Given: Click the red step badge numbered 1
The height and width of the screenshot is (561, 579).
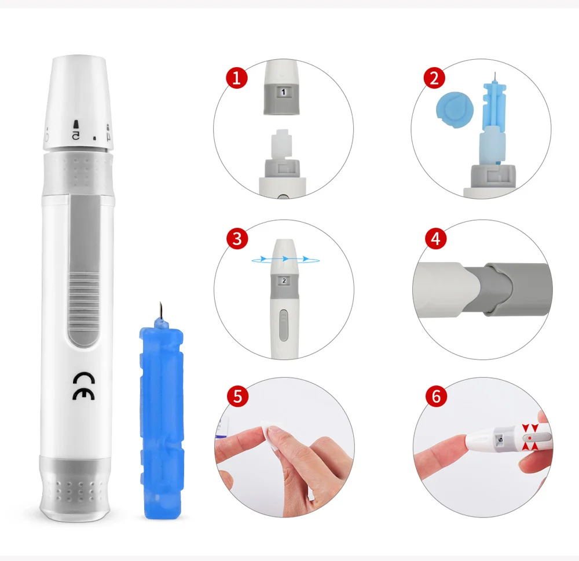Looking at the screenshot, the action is click(x=236, y=78).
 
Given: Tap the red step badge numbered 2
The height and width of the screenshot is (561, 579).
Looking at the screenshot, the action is click(x=434, y=78).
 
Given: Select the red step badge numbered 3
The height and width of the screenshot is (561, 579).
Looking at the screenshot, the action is click(x=237, y=238).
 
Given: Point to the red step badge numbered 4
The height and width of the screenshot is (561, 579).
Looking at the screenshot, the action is click(x=436, y=238).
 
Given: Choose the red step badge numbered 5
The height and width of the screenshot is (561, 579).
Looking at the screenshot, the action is click(x=237, y=396).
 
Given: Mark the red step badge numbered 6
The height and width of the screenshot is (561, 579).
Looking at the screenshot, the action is click(x=436, y=396).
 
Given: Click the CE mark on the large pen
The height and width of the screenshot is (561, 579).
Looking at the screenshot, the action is click(x=83, y=386).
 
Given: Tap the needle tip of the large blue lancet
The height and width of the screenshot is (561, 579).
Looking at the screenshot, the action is click(x=160, y=303).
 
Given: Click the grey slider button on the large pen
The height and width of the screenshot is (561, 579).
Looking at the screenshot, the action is click(x=84, y=271).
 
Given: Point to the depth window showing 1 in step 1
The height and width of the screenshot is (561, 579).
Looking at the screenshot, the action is click(x=283, y=92).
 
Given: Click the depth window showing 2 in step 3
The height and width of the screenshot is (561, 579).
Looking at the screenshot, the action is click(x=284, y=281).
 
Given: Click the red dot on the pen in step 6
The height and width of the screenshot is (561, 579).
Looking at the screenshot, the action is click(x=530, y=438).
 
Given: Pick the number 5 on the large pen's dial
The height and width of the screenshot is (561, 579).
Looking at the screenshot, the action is click(x=75, y=136).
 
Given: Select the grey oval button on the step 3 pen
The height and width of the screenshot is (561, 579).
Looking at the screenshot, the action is click(x=283, y=325).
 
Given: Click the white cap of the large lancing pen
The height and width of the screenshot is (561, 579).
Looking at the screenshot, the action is click(x=78, y=103).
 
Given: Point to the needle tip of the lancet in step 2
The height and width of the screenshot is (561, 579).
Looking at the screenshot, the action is click(x=494, y=73).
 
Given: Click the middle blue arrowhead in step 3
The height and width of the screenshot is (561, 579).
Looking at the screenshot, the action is click(x=285, y=258).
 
